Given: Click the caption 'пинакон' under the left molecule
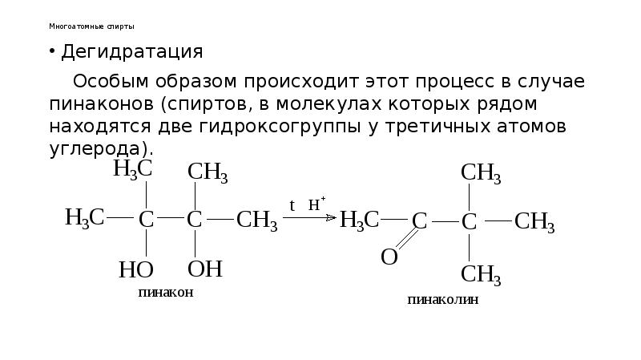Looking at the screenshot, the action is (x=166, y=293).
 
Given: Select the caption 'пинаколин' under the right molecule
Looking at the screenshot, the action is (x=442, y=301).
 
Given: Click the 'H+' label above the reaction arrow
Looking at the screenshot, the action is (x=316, y=204).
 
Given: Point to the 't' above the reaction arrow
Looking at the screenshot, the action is (x=292, y=205).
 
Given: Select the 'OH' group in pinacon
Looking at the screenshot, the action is (x=204, y=269).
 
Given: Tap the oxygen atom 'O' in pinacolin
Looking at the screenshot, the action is (x=389, y=257).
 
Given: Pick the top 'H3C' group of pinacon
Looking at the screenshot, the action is (x=132, y=168).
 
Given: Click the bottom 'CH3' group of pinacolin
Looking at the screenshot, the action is (x=481, y=274).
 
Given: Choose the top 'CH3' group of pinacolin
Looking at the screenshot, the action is (x=481, y=172).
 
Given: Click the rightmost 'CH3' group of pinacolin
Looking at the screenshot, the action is (x=534, y=221).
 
